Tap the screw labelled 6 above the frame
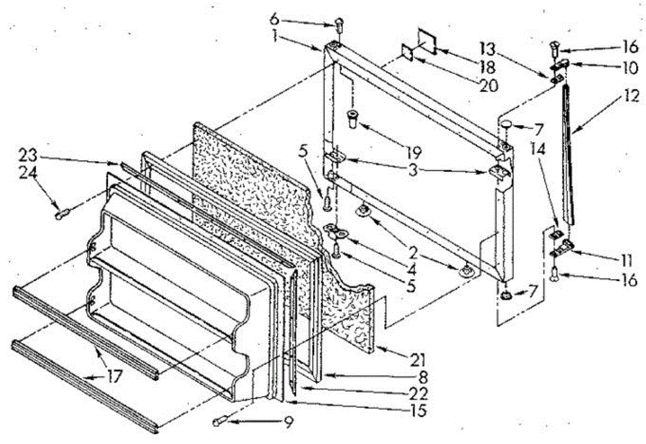point(339,24)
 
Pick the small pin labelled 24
point(61,215)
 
